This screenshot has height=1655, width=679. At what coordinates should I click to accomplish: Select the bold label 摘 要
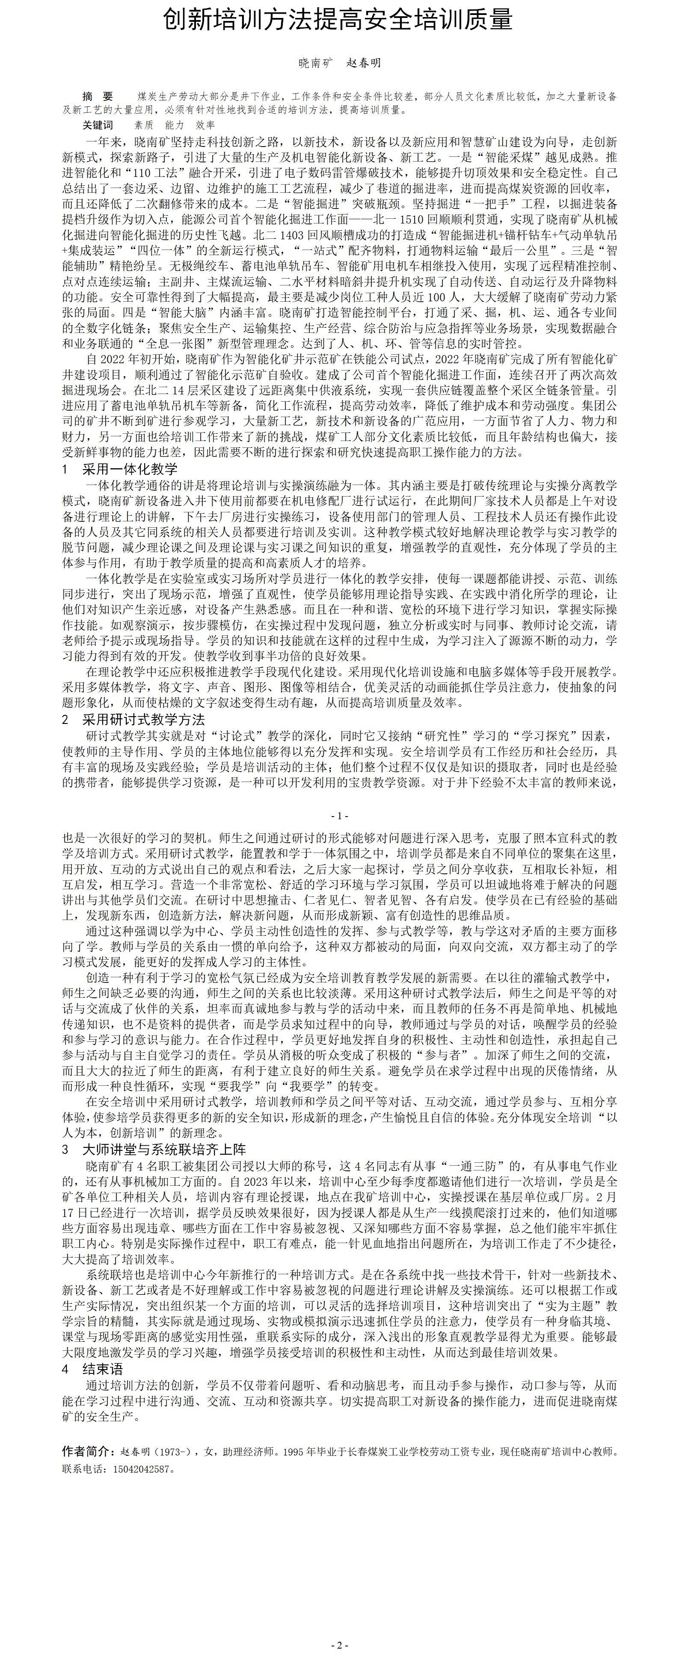[x=98, y=97]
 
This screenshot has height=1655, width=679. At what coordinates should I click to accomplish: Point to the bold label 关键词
[x=98, y=125]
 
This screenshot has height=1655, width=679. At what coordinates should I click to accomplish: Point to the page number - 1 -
[x=340, y=816]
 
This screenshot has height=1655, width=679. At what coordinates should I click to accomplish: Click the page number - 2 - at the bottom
[x=340, y=1645]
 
